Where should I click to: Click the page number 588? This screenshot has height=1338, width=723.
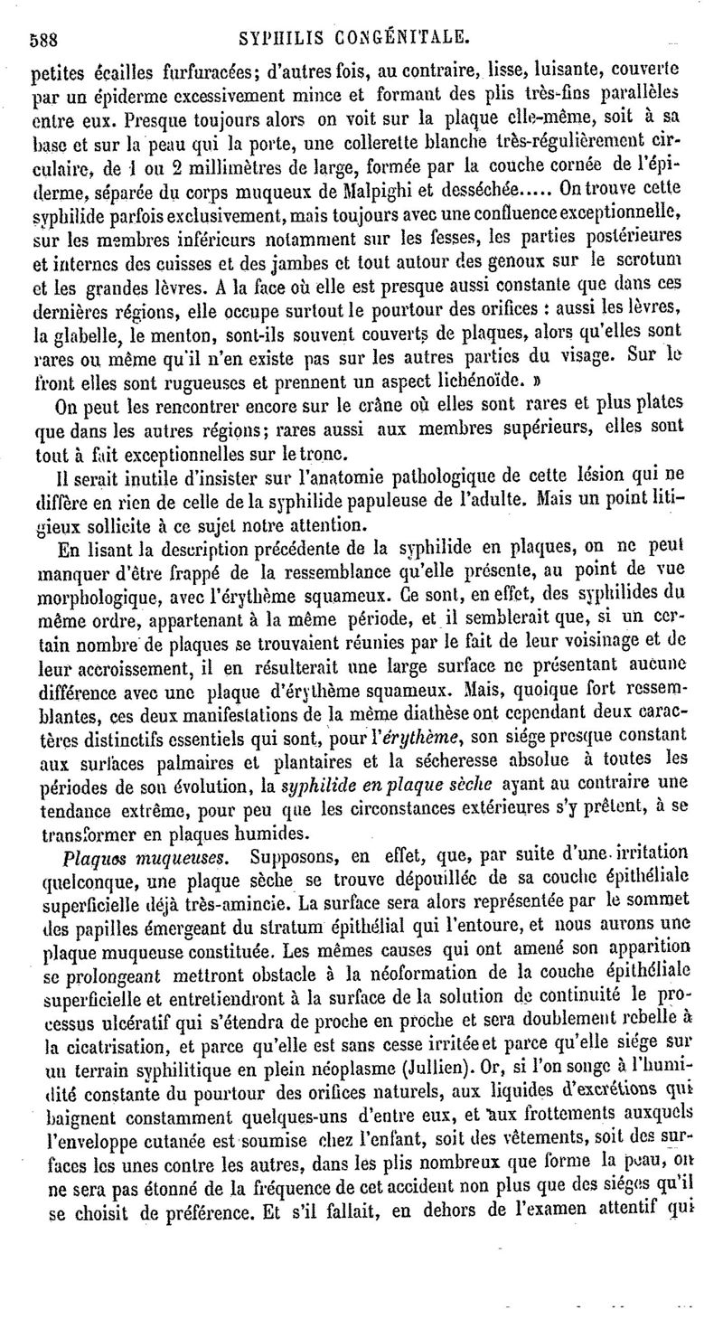45,39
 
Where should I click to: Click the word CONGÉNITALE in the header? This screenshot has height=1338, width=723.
400,37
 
